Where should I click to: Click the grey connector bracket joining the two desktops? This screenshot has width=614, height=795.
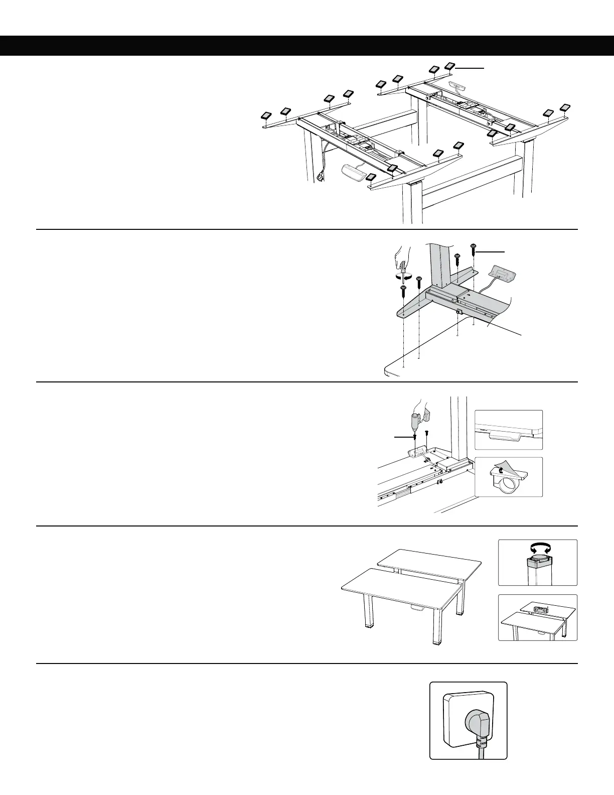click(x=540, y=610)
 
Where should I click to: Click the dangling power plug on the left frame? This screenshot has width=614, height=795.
click(x=320, y=177)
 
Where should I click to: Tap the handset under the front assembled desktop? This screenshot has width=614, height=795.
click(x=417, y=608)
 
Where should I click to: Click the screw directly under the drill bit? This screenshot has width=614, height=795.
click(x=415, y=437)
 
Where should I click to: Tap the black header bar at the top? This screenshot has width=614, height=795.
click(x=307, y=45)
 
